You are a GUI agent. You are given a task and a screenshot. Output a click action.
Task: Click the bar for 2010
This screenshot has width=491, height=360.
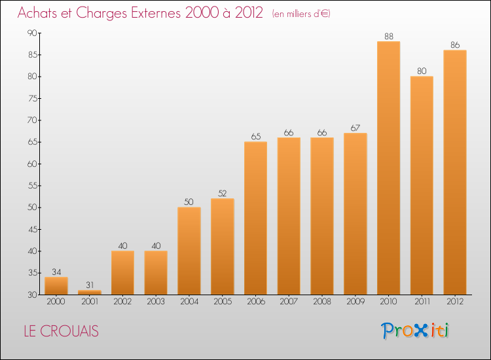[388, 168]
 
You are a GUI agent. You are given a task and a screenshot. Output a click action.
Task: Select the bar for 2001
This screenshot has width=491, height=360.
[89, 292]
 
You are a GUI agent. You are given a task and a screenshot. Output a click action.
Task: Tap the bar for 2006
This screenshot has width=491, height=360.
[255, 218]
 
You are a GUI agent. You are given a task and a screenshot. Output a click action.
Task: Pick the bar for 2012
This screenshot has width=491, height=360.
[455, 172]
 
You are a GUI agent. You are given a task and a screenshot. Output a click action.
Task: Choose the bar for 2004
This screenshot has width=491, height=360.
[189, 251]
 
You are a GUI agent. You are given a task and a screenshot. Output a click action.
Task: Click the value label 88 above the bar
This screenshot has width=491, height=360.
[388, 37]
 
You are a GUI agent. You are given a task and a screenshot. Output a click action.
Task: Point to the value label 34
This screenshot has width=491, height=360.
[56, 272]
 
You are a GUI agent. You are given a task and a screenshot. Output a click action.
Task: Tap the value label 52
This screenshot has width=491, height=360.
[222, 194]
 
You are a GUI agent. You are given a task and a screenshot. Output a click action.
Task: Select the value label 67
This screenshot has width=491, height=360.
[355, 128]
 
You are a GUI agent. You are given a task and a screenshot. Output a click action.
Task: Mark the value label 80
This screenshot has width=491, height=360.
[422, 71]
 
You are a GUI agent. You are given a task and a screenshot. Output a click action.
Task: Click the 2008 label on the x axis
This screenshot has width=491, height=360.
[321, 302]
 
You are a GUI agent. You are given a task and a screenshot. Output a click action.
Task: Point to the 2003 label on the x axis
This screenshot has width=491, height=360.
[155, 302]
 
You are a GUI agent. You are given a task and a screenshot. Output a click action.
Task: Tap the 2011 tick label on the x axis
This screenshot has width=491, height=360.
[422, 302]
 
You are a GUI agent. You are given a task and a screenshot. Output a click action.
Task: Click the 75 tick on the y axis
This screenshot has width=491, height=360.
[32, 98]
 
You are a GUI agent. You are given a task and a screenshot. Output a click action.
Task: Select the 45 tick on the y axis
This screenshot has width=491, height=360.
[32, 229]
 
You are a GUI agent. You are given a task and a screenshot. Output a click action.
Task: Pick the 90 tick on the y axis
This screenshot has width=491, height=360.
[32, 33]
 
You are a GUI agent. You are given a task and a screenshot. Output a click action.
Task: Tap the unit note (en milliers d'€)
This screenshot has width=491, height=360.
[301, 14]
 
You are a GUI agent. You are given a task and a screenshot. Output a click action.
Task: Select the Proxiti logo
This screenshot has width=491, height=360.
[415, 331]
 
